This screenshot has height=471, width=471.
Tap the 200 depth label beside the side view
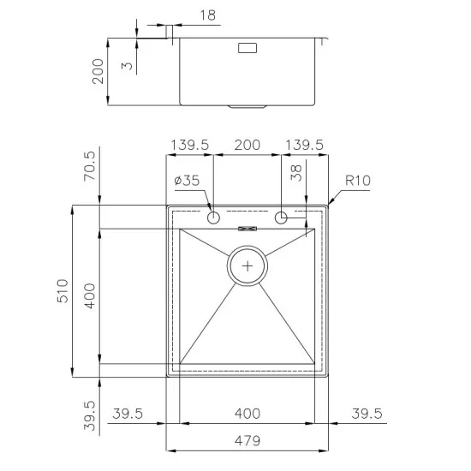coord(98,71)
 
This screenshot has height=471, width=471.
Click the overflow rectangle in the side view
coord(247,49)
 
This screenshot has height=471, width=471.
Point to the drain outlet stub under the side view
coord(247,107)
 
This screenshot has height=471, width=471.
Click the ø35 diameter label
coord(186,181)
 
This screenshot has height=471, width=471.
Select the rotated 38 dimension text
coord(295,174)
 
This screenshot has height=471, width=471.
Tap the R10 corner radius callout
coord(357,181)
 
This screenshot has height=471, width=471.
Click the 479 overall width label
coord(247,441)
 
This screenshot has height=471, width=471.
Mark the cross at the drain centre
coord(247,265)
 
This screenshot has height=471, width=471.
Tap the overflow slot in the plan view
coord(247,228)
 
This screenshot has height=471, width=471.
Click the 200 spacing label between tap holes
coord(247,146)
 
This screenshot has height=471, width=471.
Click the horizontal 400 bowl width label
coord(247,414)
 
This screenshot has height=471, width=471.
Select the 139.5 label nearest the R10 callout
coord(305,146)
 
